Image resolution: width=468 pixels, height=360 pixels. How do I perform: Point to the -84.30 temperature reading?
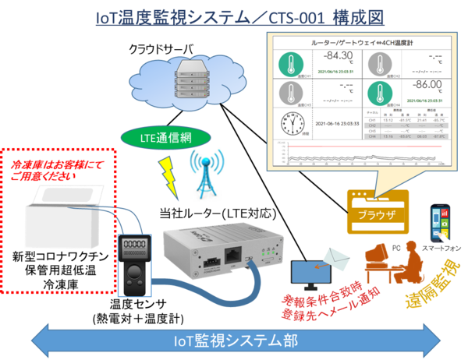[337, 55]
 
